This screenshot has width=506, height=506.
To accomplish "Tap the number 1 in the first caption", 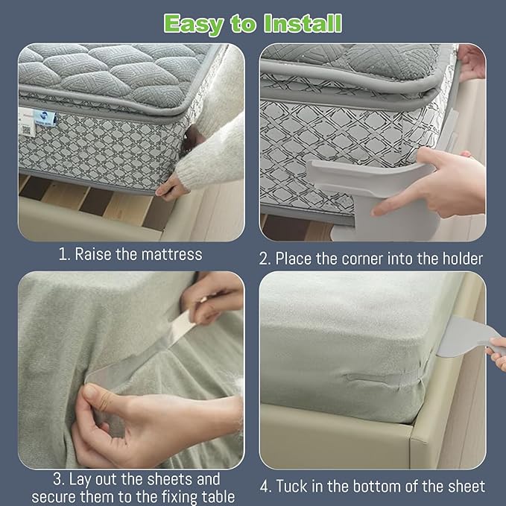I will click(63, 255).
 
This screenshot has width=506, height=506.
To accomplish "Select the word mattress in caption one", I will click(169, 255).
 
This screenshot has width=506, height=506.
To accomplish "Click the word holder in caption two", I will click(458, 259).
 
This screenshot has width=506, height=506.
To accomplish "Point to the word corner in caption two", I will click(363, 259).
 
